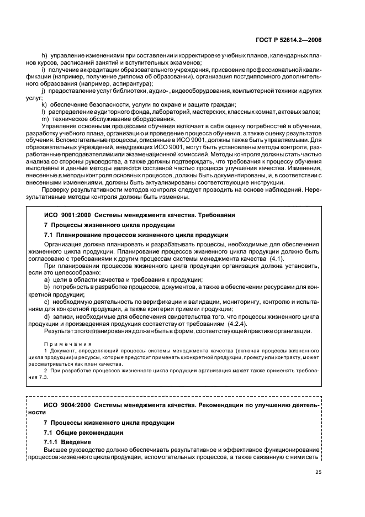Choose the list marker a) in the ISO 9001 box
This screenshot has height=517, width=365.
pyautogui.click(x=47, y=280)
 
